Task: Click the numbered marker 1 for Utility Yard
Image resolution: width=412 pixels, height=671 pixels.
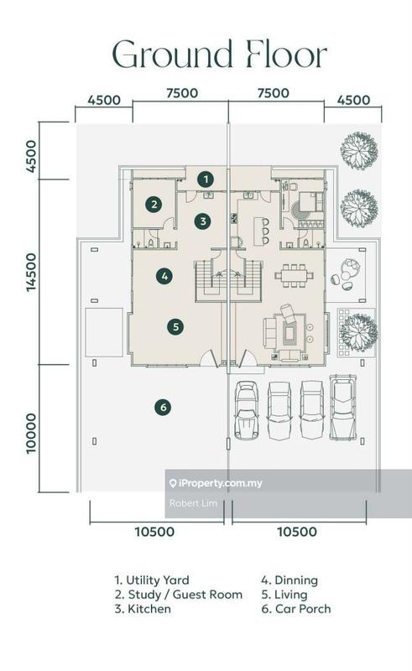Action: click(x=206, y=179)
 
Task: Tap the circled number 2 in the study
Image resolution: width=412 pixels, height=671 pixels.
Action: click(x=154, y=205)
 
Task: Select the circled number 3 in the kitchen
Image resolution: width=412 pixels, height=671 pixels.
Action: click(x=203, y=221)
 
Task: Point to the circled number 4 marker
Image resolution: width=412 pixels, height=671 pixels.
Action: click(x=165, y=276)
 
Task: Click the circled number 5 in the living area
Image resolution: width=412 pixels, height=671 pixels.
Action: click(x=175, y=327)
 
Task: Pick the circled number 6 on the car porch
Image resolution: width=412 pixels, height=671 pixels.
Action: click(x=163, y=407)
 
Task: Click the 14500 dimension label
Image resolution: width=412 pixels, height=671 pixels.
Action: click(x=32, y=272)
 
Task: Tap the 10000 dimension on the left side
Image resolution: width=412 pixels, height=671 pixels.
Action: click(x=32, y=433)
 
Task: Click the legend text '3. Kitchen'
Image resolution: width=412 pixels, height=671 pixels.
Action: click(x=143, y=609)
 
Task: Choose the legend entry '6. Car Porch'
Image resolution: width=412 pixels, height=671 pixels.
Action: click(x=296, y=609)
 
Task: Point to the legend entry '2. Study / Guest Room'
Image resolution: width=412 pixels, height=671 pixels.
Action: click(x=178, y=595)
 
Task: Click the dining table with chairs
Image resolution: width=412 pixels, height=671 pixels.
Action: click(x=294, y=276)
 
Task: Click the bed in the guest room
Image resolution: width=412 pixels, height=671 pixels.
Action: click(x=311, y=201)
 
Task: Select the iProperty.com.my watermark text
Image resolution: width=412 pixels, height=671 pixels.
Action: click(x=216, y=483)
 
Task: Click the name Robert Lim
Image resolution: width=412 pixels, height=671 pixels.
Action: click(x=193, y=503)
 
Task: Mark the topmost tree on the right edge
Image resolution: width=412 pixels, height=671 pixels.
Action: click(x=359, y=151)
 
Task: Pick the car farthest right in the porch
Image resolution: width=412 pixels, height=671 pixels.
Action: click(x=342, y=408)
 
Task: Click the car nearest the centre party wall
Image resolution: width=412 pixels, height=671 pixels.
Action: click(x=246, y=410)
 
